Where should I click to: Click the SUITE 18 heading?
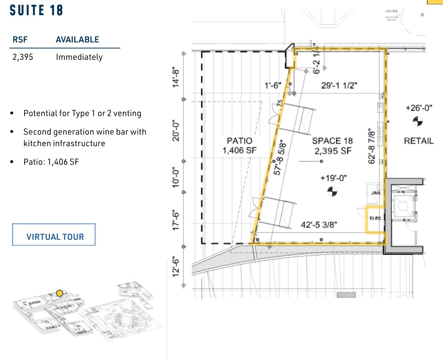click(36, 10)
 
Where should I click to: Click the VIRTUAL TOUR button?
click(55, 237)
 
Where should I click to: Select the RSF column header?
click(21, 40)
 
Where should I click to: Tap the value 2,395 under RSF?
click(23, 57)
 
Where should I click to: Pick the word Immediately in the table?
click(79, 57)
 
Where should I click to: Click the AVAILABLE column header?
click(77, 40)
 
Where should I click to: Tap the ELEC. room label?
click(375, 217)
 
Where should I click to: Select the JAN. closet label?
click(376, 193)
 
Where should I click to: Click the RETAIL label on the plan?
click(419, 141)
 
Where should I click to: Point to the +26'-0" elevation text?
click(418, 107)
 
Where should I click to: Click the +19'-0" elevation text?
click(334, 178)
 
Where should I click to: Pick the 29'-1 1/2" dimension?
click(339, 85)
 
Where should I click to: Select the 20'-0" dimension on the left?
click(176, 131)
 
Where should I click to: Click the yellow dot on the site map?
click(59, 293)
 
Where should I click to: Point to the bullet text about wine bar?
click(84, 137)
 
